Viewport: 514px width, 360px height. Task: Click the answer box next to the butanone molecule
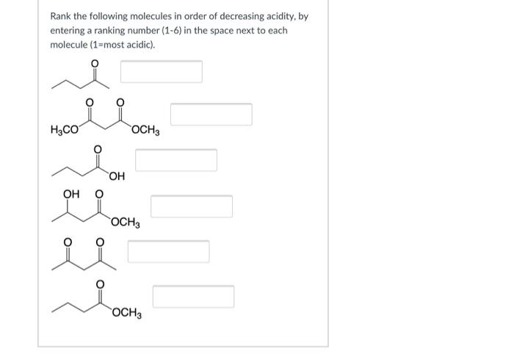pos(162,72)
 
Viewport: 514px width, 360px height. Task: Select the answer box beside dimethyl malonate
pos(211,114)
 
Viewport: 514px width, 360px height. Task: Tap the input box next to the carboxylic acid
pos(176,160)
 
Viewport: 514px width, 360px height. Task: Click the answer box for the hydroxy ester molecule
pos(192,206)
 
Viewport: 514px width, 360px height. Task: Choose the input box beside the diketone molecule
pos(168,251)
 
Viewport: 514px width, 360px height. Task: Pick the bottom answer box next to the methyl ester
pos(193,297)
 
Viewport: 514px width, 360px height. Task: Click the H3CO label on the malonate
pos(65,132)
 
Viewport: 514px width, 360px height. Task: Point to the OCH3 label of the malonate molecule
pos(146,132)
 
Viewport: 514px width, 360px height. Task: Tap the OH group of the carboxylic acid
pos(117,176)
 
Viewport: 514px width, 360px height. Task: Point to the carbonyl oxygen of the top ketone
pos(93,63)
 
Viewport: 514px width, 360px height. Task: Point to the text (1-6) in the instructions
pos(205,31)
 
